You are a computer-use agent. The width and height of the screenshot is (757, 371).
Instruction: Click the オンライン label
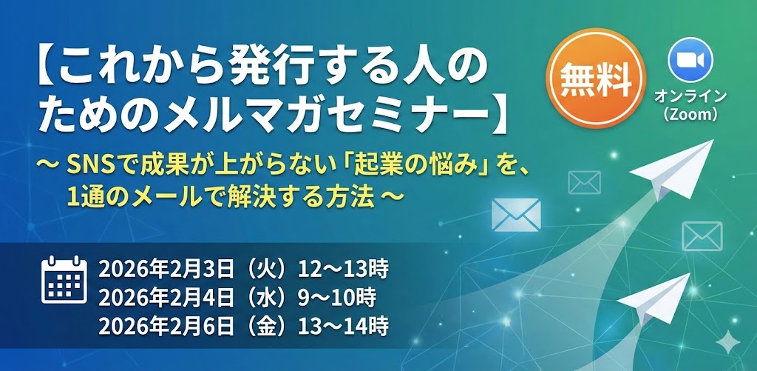coord(690,97)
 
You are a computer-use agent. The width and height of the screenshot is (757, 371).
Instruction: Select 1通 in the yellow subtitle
coord(81,197)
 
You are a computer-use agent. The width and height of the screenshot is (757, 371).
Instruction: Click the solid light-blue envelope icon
coord(516,213)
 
